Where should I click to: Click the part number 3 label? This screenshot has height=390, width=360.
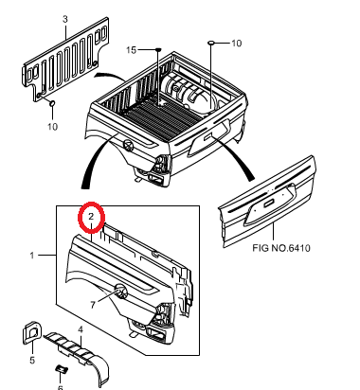tap(65, 19)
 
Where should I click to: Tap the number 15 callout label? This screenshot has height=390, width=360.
tap(131, 50)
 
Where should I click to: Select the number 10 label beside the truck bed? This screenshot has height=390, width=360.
tap(236, 44)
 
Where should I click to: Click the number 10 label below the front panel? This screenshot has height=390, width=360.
tap(53, 127)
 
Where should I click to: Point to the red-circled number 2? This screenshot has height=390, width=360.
tap(91, 217)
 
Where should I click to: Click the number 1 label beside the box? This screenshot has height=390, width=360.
tap(32, 255)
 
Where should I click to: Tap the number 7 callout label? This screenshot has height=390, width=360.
tap(93, 305)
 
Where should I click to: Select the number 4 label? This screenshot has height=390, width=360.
tap(81, 329)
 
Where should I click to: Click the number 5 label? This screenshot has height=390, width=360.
tap(32, 360)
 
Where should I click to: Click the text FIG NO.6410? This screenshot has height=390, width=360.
tap(281, 248)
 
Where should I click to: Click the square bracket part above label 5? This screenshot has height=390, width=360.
tap(31, 332)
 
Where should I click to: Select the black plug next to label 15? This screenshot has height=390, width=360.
tap(158, 49)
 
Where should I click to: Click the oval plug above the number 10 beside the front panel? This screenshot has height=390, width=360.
tap(52, 103)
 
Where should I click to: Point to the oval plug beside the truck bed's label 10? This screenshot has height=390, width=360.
tap(211, 43)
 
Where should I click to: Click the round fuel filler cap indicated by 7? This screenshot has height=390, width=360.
tap(120, 291)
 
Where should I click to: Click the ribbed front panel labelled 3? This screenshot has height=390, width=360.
tap(66, 60)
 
